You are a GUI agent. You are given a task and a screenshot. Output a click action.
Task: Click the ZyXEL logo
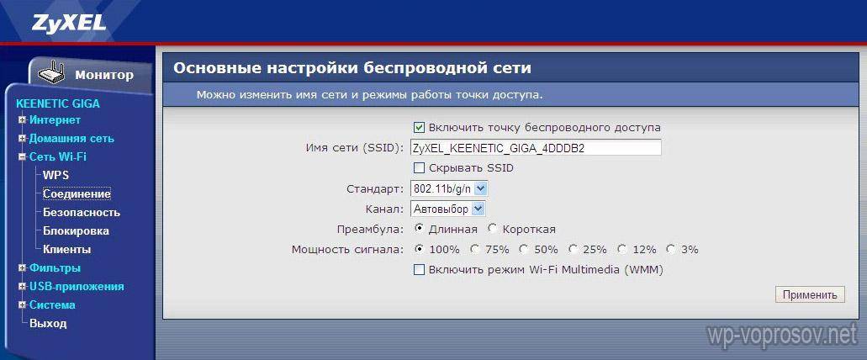[x=69, y=24]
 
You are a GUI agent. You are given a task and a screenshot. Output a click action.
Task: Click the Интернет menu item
[x=55, y=120]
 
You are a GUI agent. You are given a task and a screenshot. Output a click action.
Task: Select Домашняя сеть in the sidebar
[x=71, y=138]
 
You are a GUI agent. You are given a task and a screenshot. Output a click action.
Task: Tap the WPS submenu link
[x=56, y=175]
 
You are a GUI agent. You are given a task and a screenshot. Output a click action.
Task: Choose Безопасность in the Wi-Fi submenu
[x=82, y=212]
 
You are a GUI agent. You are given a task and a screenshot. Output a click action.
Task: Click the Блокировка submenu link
[x=76, y=230]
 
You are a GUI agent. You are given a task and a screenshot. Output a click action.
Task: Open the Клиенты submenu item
[x=67, y=250]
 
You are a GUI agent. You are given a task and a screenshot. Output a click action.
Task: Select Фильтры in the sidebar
[x=55, y=268]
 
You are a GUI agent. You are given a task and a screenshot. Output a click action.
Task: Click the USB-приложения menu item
[x=77, y=287]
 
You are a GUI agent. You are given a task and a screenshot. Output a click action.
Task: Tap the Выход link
[x=48, y=324]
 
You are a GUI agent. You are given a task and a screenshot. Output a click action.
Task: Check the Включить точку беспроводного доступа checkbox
[x=419, y=127]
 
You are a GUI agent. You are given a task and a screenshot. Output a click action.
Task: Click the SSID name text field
[x=536, y=148]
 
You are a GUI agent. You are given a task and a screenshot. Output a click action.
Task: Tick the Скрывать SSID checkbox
[x=419, y=167]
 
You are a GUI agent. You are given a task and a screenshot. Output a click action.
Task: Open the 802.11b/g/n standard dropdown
[x=449, y=189]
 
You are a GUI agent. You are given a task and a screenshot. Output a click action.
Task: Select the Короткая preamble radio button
[x=492, y=229]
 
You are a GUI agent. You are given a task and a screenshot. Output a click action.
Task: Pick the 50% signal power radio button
[x=523, y=249]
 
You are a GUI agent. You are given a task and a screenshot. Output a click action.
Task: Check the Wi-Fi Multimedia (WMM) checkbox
[x=419, y=270]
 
